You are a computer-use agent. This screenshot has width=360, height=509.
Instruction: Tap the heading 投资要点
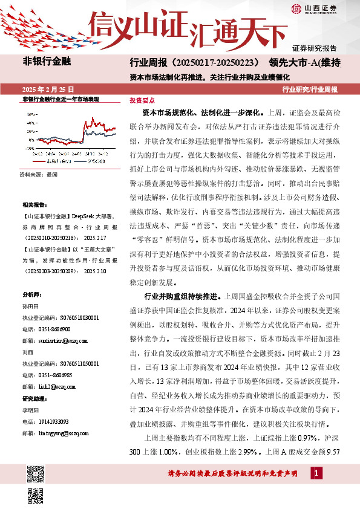[142, 101]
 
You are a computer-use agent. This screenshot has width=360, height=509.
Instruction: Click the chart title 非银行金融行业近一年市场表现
[60, 99]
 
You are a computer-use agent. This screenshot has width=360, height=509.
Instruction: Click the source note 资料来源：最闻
[39, 174]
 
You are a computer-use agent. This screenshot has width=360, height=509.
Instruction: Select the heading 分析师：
[32, 294]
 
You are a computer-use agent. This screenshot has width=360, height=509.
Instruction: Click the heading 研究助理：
[34, 398]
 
